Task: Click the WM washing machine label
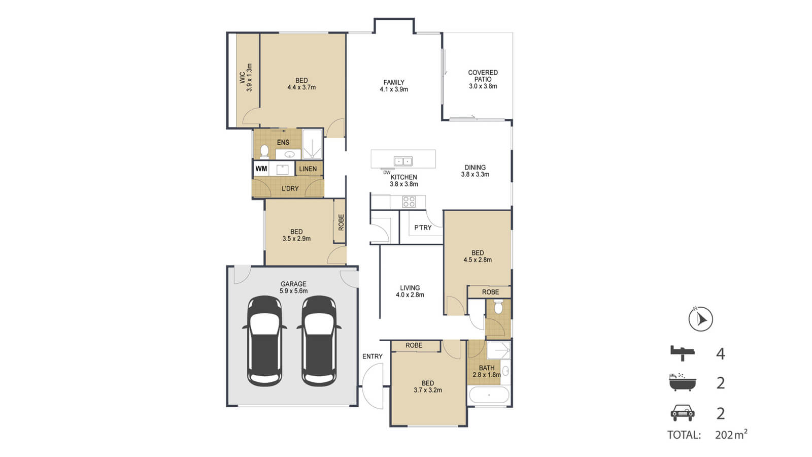tap(261, 169)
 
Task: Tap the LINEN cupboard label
tap(308, 169)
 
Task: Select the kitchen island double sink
tap(403, 160)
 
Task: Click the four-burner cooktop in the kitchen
tap(409, 202)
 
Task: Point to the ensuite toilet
tap(264, 152)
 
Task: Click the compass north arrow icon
tap(701, 319)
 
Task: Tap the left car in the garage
tap(264, 341)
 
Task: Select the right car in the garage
tap(319, 341)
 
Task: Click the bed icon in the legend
tap(682, 353)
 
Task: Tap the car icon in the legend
tap(683, 413)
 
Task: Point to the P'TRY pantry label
tap(423, 228)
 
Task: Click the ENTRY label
tap(373, 356)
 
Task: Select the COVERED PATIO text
tap(483, 76)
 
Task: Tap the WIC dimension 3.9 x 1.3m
tap(249, 77)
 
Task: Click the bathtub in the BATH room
tap(489, 395)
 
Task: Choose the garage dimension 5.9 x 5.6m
tap(294, 291)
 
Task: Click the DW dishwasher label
tap(387, 173)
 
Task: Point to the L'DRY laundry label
tap(290, 188)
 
